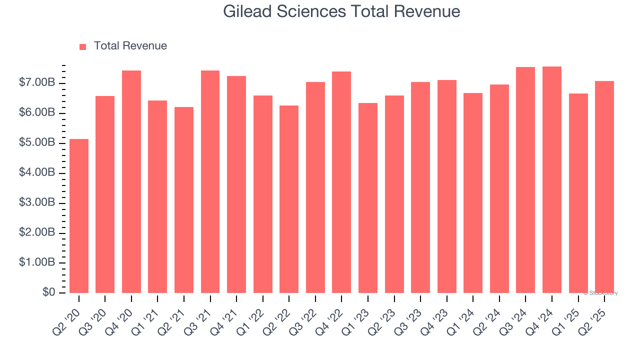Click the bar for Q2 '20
(x=79, y=216)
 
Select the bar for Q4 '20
(x=131, y=181)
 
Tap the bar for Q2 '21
(x=184, y=200)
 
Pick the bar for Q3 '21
(x=210, y=181)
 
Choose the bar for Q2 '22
(x=289, y=199)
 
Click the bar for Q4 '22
(x=341, y=182)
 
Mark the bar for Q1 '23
(x=368, y=198)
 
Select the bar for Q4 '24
(x=552, y=179)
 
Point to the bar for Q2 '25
(x=604, y=187)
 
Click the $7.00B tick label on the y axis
(x=37, y=82)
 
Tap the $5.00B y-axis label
(x=37, y=142)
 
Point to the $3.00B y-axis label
(x=37, y=202)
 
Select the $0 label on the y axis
(x=48, y=292)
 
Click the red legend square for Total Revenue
(x=83, y=46)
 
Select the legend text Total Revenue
(x=130, y=46)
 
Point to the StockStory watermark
(x=600, y=293)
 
